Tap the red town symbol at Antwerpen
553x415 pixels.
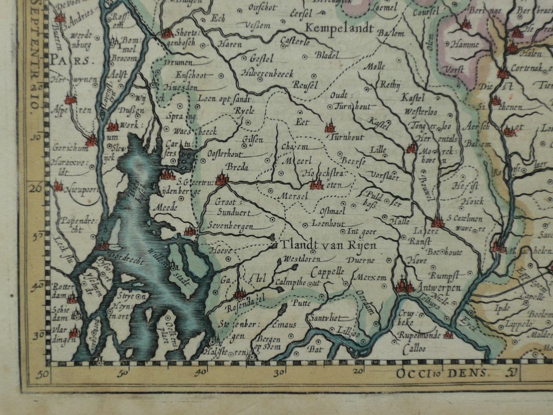[x=403, y=285]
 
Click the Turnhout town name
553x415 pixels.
[x=348, y=137]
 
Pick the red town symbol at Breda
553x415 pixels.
[x=221, y=179]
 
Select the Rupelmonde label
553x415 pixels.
[x=418, y=335]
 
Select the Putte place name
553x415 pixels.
[x=302, y=303]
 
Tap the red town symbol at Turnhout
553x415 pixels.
[x=330, y=128]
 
